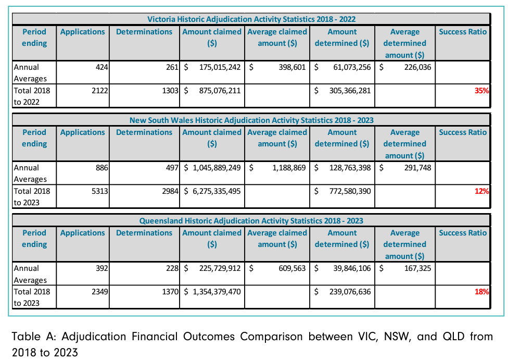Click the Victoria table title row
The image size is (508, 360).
pos(251,19)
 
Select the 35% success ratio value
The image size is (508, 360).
pos(481,91)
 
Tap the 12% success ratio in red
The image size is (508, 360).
pos(481,191)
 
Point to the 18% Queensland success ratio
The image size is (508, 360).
pos(481,292)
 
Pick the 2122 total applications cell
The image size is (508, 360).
pos(99,91)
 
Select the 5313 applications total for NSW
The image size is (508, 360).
pos(99,191)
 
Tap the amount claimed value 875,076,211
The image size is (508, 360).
pos(220,91)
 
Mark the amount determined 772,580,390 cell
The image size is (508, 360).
pos(349,191)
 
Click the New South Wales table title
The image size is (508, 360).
pos(251,120)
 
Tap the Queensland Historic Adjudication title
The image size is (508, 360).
pos(251,221)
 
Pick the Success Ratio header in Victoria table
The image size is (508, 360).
pos(463,32)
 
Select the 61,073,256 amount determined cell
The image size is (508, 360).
pos(349,67)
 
